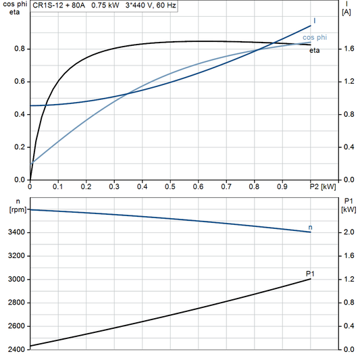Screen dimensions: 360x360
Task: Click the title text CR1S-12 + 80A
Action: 59,5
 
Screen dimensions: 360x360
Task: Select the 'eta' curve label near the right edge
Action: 315,51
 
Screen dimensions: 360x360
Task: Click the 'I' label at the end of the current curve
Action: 314,21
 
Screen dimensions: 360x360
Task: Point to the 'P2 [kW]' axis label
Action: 322,186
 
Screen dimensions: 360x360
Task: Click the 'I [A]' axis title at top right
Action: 346,8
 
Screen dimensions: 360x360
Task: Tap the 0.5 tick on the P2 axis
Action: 170,186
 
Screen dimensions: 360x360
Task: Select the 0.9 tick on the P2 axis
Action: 282,186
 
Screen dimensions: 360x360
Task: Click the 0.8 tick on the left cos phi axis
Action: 18,49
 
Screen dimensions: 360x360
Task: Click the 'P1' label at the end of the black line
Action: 310,273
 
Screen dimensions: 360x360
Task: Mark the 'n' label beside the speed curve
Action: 310,227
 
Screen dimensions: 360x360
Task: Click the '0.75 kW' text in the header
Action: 105,5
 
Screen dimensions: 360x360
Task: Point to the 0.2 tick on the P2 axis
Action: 86,186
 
